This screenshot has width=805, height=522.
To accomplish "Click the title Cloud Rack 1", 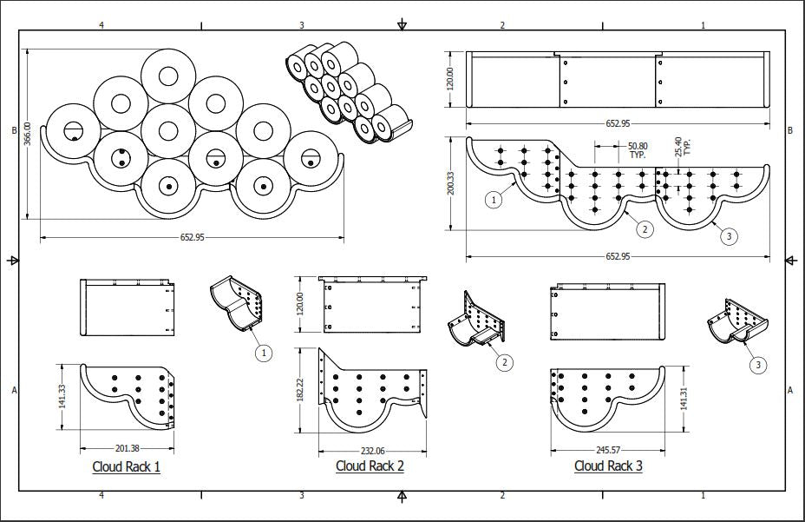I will [126, 466].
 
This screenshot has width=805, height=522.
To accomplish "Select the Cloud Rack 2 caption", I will [370, 466].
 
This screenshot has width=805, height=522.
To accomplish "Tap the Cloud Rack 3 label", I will [608, 466].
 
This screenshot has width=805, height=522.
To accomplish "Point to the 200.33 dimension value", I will [451, 183].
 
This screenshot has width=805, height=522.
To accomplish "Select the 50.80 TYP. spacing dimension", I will [637, 149].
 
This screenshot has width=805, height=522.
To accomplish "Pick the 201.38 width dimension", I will [127, 448].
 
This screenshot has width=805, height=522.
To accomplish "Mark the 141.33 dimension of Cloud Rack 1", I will [63, 396].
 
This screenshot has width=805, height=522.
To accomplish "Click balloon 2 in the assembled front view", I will [644, 229].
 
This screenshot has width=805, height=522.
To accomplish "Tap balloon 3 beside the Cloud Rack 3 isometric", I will [758, 365].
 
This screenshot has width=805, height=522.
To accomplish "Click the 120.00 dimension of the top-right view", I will [451, 79].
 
